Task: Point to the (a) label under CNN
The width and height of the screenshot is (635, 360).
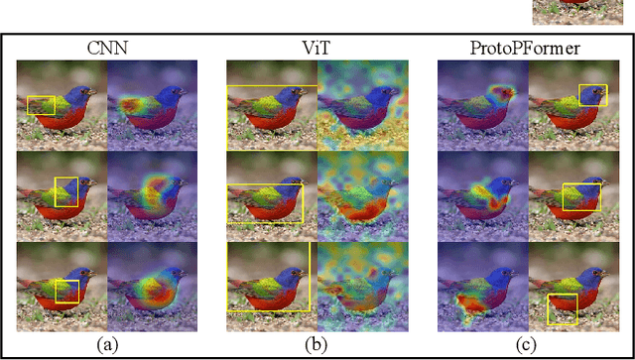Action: [105, 345]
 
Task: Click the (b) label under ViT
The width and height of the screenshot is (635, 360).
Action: [317, 345]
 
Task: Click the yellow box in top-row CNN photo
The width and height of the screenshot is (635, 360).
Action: [42, 105]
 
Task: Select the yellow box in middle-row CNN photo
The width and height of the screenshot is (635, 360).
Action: [65, 191]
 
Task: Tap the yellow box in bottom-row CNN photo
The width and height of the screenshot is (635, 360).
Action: [67, 291]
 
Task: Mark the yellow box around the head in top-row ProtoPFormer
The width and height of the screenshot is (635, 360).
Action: [593, 95]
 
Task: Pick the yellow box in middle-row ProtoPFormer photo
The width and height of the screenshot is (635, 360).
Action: [581, 196]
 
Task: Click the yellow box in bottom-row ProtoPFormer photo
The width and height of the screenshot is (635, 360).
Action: [563, 307]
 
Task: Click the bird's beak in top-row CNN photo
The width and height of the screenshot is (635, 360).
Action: [95, 92]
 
